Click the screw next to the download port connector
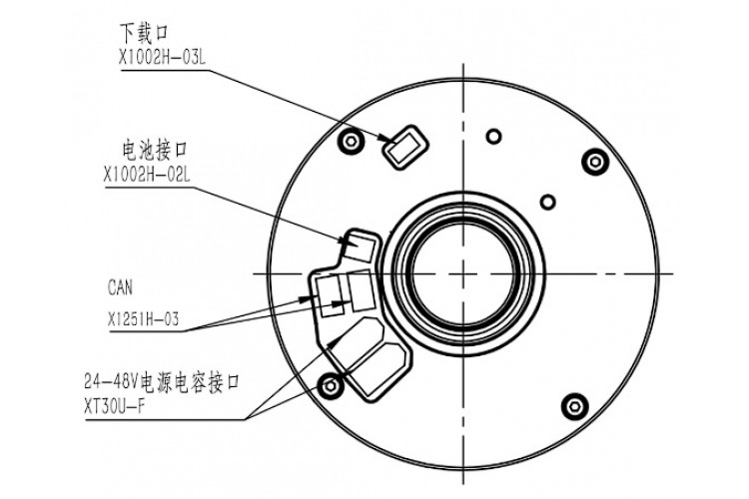[x=349, y=139]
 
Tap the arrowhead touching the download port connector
[x=390, y=140]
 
